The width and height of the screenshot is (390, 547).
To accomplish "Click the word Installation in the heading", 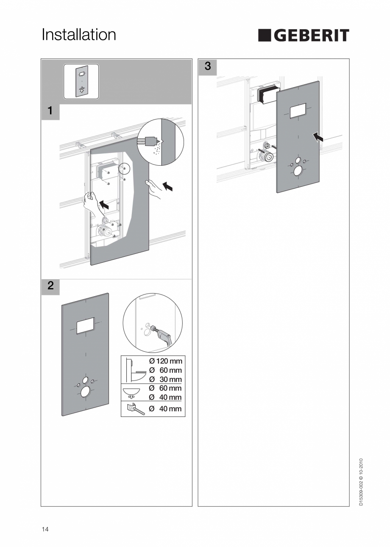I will coord(79,35).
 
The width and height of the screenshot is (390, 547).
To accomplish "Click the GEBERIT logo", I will coord(304,36).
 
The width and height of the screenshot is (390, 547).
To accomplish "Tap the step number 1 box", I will coord(50,111).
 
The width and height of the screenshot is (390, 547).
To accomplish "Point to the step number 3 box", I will coord(207,67).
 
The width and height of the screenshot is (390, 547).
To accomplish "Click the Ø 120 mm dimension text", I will coord(165,361).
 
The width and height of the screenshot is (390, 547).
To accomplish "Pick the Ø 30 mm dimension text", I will coord(165,379).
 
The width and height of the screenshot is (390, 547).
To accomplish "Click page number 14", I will coord(45,529).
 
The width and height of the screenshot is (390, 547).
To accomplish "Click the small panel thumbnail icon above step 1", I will coord(81,81).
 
